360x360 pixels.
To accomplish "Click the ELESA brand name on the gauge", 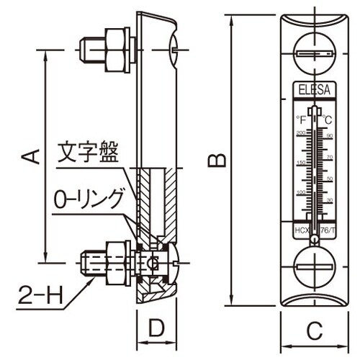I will coord(313,91).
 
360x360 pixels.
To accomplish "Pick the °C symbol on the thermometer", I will coord(326,118).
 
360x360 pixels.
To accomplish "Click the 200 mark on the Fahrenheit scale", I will coord(300,134).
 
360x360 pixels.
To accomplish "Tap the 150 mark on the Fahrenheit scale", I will coord(300,163).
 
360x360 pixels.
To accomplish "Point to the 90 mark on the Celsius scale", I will coord(329,135).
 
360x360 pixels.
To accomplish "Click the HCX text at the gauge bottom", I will coord(300,230).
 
